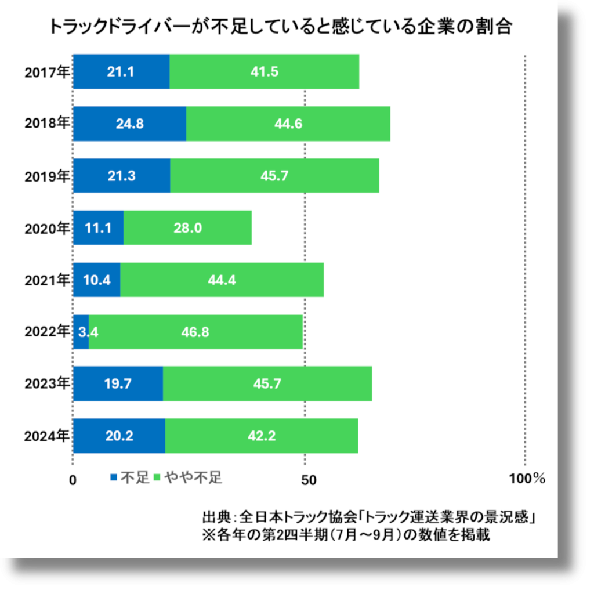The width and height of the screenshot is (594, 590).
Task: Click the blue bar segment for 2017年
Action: [121, 72]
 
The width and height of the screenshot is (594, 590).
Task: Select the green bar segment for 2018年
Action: [288, 124]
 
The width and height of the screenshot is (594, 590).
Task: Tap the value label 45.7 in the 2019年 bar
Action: [274, 176]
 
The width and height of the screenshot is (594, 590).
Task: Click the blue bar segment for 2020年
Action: [98, 227]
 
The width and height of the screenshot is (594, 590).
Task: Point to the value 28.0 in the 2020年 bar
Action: [187, 227]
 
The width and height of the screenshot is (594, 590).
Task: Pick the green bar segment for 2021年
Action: [222, 280]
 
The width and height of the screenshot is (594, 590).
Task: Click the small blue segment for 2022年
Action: [81, 332]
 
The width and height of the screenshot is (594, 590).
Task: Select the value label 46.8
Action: [195, 332]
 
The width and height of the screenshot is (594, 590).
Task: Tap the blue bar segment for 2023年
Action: [118, 383]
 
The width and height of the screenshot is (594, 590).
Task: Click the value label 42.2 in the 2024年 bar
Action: [261, 436]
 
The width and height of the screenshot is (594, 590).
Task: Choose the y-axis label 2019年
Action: [46, 176]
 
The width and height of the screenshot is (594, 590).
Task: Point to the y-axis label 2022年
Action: [46, 332]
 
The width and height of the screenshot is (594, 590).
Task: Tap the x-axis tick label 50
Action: [308, 480]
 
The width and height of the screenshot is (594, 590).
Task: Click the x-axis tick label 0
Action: [73, 480]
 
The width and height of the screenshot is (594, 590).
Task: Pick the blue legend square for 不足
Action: [114, 477]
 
